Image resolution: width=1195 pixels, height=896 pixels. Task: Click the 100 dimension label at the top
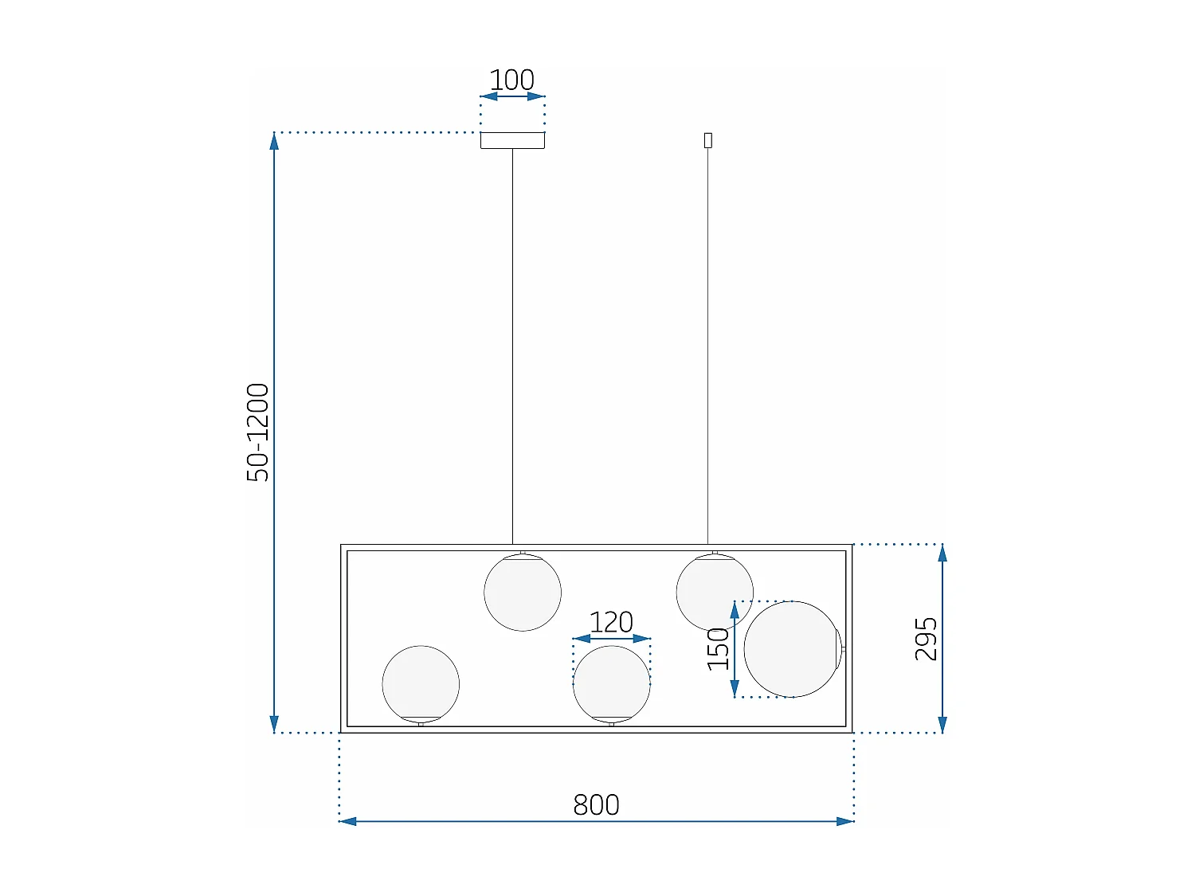tap(511, 80)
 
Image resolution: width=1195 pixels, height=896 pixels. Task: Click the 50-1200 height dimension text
tap(258, 432)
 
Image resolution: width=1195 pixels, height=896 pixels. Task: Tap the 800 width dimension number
tap(596, 804)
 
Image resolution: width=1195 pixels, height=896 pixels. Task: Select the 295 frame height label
tap(926, 639)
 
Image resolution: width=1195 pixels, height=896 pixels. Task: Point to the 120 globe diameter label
tap(611, 622)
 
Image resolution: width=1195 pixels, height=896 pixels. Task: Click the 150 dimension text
tap(719, 648)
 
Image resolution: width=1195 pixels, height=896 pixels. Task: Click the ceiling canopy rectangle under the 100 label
tap(512, 140)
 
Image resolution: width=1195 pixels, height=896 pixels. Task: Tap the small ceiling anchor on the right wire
tap(707, 140)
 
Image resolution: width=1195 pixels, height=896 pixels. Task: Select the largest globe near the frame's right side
tap(793, 649)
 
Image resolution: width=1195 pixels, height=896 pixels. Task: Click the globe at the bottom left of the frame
tap(421, 683)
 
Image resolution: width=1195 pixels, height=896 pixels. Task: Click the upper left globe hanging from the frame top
tap(523, 593)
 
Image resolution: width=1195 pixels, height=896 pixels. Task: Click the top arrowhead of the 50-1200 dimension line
tap(274, 141)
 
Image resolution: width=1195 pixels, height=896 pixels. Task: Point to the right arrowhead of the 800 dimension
tap(845, 821)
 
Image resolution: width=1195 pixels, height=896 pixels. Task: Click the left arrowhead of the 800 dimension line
tap(348, 821)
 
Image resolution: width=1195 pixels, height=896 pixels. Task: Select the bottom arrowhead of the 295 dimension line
tap(942, 724)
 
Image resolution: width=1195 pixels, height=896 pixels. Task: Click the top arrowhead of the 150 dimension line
tap(735, 610)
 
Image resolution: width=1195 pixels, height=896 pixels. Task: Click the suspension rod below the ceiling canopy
tap(512, 342)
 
